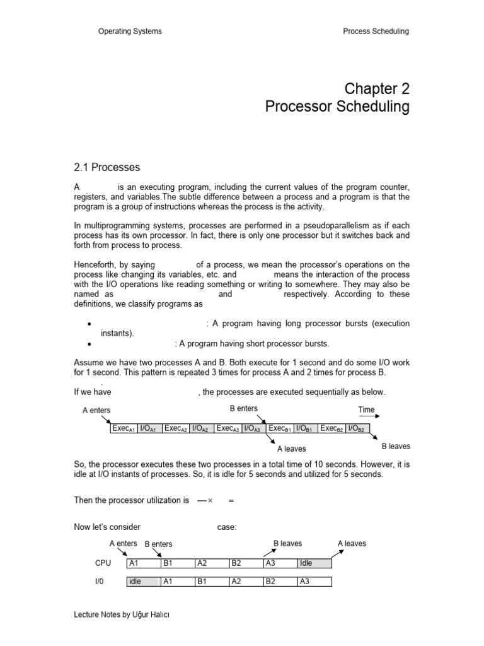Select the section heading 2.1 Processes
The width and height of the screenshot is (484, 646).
point(107,167)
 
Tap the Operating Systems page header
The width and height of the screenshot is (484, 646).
point(130,32)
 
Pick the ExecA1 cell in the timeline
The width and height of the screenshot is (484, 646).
point(124,428)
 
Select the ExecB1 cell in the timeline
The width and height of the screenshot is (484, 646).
point(280,428)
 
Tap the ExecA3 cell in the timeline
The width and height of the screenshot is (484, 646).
point(228,428)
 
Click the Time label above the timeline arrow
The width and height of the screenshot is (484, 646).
point(367,409)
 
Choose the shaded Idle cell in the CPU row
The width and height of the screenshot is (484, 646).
point(314,563)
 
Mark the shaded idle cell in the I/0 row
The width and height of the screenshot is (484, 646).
point(143,582)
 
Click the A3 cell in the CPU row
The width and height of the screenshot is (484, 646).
point(279,563)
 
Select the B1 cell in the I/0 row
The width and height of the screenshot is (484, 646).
point(211,582)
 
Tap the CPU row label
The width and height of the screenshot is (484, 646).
point(102,563)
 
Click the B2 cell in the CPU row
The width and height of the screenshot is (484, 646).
point(245,563)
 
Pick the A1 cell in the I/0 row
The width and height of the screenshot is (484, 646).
point(177,582)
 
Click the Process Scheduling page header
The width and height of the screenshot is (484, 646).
point(376,32)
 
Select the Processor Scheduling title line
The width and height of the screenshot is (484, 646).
point(337,107)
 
